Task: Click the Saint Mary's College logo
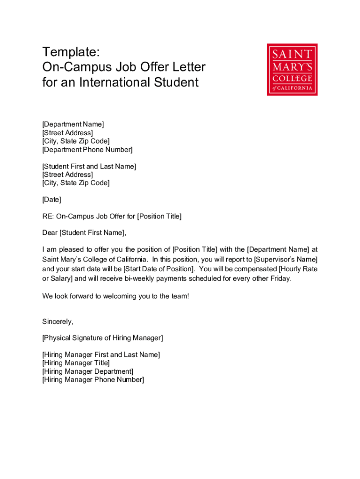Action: pos(292,70)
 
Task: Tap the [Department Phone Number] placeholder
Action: pos(87,150)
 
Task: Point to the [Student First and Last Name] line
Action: pos(89,167)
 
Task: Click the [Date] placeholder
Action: pos(51,200)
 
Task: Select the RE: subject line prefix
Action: pos(48,216)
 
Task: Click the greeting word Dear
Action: pos(50,232)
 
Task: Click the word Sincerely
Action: pos(58,321)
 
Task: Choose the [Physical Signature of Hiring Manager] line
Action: pos(102,338)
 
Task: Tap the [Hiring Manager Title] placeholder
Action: pos(76,363)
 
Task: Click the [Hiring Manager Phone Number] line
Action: pos(93,380)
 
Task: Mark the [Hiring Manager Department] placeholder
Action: pos(88,371)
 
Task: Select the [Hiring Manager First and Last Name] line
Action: pos(101,355)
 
